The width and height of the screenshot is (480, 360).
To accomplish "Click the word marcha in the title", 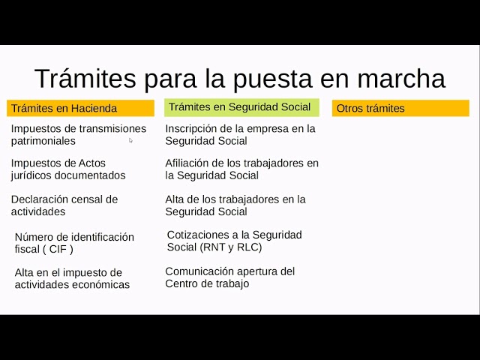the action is (x=401, y=79).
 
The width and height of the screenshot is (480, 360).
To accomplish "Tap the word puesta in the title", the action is (x=272, y=79).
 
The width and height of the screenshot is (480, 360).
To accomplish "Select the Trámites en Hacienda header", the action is (x=80, y=108).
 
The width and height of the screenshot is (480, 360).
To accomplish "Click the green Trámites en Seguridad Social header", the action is (x=241, y=107).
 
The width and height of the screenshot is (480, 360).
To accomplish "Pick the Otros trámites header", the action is (x=400, y=108).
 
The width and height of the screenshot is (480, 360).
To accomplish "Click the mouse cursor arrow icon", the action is (x=130, y=140).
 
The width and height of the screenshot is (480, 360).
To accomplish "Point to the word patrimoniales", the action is (x=43, y=141).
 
